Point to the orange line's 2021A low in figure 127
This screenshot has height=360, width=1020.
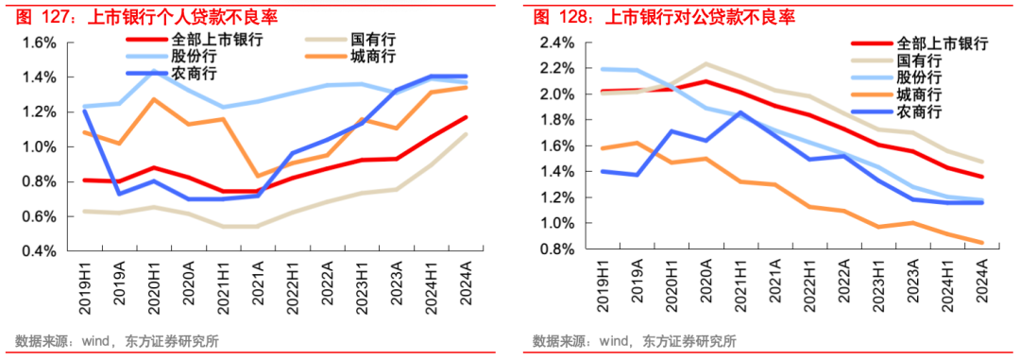click(x=258, y=177)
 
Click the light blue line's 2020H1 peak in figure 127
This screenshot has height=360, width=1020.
click(x=153, y=71)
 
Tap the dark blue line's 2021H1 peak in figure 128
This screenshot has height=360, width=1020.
click(x=739, y=112)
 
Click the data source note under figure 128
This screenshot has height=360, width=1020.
click(x=634, y=341)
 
